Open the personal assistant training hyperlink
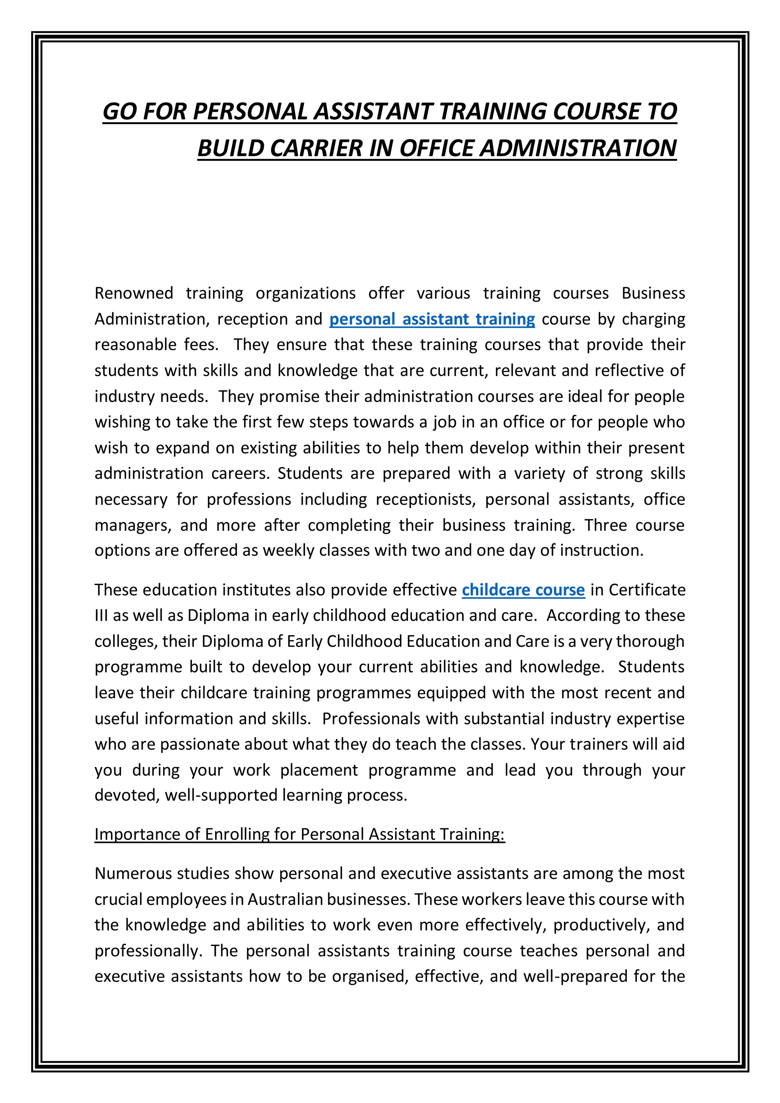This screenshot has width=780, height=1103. pyautogui.click(x=432, y=320)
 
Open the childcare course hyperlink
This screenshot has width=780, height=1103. pyautogui.click(x=523, y=590)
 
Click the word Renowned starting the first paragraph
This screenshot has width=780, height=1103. pyautogui.click(x=134, y=293)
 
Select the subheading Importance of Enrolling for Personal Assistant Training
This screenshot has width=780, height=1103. pyautogui.click(x=299, y=834)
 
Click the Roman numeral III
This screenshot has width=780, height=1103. pyautogui.click(x=101, y=616)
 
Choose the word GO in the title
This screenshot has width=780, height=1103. pyautogui.click(x=118, y=112)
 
